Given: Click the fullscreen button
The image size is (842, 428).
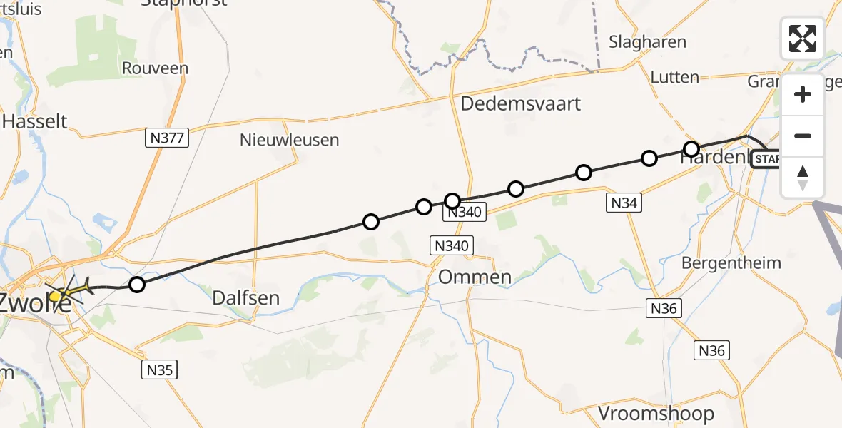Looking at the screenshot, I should pyautogui.click(x=803, y=39).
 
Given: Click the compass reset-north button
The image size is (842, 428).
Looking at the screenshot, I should pyautogui.click(x=803, y=178).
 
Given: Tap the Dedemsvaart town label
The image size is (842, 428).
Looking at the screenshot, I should pyautogui.click(x=520, y=103).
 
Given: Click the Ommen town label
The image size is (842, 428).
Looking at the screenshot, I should pyautogui.click(x=475, y=277).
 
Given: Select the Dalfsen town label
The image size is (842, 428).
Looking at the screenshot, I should pyautogui.click(x=246, y=297).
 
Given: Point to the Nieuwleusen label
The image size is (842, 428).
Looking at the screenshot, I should pyautogui.click(x=289, y=140).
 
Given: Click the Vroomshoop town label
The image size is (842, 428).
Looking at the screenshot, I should pyautogui.click(x=656, y=413).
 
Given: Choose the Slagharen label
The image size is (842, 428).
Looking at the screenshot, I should pyautogui.click(x=647, y=42).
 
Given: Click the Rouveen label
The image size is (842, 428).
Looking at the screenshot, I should pyautogui.click(x=155, y=68).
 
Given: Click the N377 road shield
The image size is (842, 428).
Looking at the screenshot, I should pyautogui.click(x=166, y=138).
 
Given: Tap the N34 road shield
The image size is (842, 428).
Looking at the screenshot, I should pyautogui.click(x=623, y=203).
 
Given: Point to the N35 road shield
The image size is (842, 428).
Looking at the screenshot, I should pyautogui.click(x=158, y=370).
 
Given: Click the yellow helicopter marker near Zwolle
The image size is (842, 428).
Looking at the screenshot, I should pyautogui.click(x=56, y=295).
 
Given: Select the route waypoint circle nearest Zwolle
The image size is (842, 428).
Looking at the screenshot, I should pyautogui.click(x=137, y=285).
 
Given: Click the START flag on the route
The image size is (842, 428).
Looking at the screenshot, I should pyautogui.click(x=767, y=158).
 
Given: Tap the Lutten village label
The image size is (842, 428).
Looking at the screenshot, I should pyautogui.click(x=674, y=77).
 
